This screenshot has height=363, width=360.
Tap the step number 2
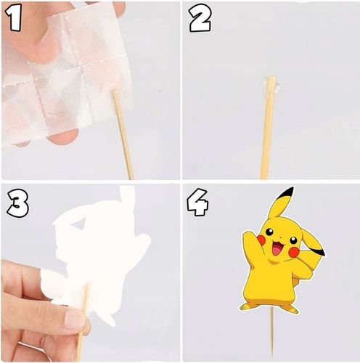pos(200,19)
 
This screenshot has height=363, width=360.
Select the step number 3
pos(17,203)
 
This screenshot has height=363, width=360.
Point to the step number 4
pos(197,202)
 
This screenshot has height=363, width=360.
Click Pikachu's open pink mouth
pos(277,250)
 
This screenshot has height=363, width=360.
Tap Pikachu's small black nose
pos(280,235)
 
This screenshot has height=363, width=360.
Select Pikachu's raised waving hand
pos(248,237)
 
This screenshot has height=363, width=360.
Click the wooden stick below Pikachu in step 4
pos(271,335)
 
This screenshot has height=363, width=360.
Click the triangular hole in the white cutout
pos(79,223)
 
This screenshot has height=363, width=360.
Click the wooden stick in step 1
pos(123,134)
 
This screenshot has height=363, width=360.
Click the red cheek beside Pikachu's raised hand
pos(261,240)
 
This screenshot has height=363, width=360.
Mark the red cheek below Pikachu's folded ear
pos(293,253)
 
